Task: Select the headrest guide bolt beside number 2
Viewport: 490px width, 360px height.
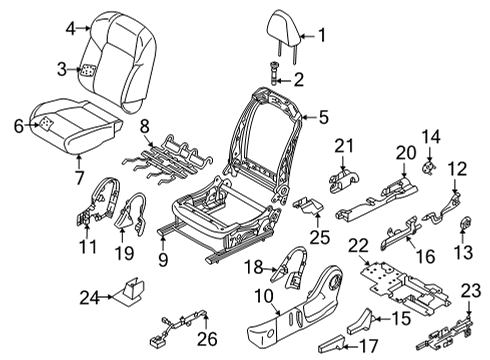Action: tap(276, 75)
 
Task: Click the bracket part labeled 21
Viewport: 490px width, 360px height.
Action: tap(344, 176)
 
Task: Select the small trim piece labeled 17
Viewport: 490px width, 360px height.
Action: tap(333, 345)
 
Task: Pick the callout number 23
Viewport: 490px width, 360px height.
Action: tap(470, 290)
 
